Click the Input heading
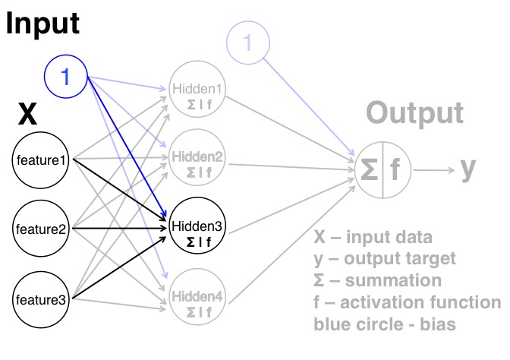[42, 24]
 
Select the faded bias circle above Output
[247, 43]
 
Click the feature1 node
[42, 160]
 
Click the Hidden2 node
[197, 163]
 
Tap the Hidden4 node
[197, 302]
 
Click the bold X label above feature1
[27, 115]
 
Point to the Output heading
[414, 113]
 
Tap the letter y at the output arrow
[469, 169]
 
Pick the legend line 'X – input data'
[373, 236]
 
